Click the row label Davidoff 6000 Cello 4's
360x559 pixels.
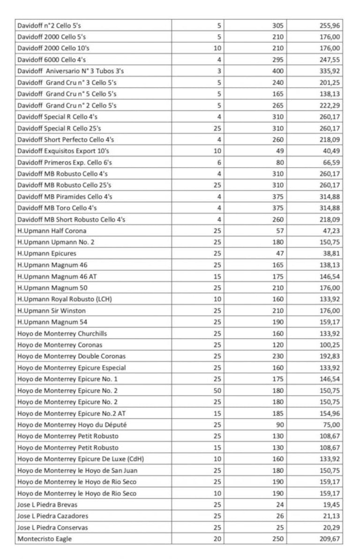52,60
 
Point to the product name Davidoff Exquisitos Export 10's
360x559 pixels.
63,151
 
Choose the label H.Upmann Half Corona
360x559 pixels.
52,231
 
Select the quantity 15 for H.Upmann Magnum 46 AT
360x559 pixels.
217,276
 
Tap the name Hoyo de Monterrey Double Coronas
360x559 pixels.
71,356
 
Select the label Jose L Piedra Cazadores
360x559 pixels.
52,516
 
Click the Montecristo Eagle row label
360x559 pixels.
45,539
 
